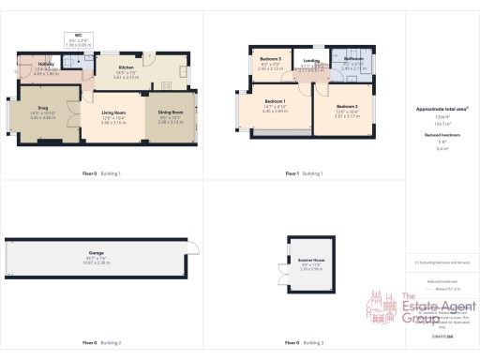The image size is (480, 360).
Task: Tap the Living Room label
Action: point(113,117)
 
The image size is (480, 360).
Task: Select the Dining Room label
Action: point(171,117)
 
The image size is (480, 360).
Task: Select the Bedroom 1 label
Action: point(275,105)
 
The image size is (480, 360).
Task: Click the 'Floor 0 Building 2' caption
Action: point(102,343)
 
